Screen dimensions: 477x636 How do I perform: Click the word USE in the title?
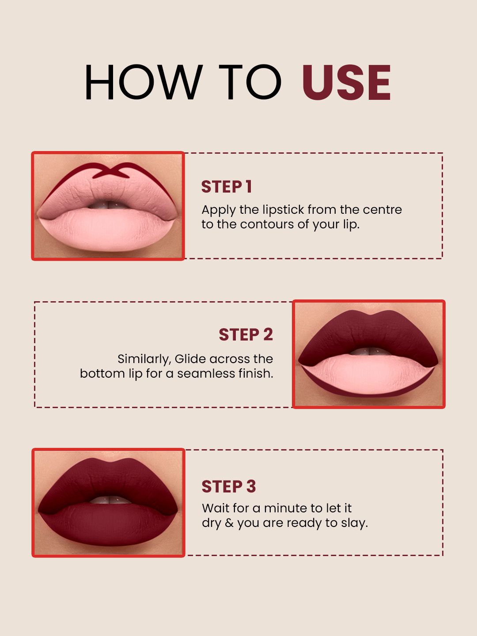click(x=347, y=82)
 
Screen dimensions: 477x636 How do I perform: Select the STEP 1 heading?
click(x=227, y=186)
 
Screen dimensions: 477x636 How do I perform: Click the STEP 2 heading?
click(x=246, y=335)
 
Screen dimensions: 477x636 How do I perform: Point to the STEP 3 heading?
click(x=229, y=486)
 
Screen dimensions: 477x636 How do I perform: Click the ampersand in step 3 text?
click(x=229, y=523)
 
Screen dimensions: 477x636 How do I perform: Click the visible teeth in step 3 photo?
click(x=110, y=500)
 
